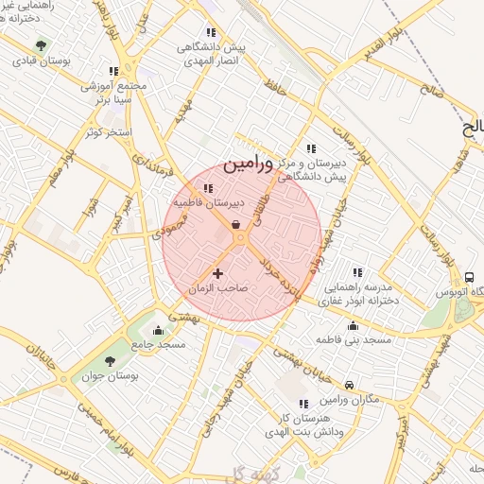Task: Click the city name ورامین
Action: pyautogui.click(x=248, y=164)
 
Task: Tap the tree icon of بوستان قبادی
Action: pyautogui.click(x=41, y=44)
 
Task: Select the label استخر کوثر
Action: pyautogui.click(x=107, y=131)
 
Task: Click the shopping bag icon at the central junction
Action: pyautogui.click(x=234, y=224)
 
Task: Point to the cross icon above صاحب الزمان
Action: pyautogui.click(x=218, y=273)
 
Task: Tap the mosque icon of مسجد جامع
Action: pyautogui.click(x=157, y=331)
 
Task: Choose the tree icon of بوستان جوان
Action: pyautogui.click(x=111, y=361)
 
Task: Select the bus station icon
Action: pyautogui.click(x=470, y=277)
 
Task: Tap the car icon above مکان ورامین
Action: pyautogui.click(x=350, y=385)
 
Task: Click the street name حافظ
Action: pyautogui.click(x=275, y=89)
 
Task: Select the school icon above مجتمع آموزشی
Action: pyautogui.click(x=113, y=71)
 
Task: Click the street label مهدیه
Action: pyautogui.click(x=183, y=112)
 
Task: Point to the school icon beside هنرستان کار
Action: pyautogui.click(x=303, y=404)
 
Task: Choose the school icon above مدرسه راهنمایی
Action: pyautogui.click(x=356, y=272)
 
